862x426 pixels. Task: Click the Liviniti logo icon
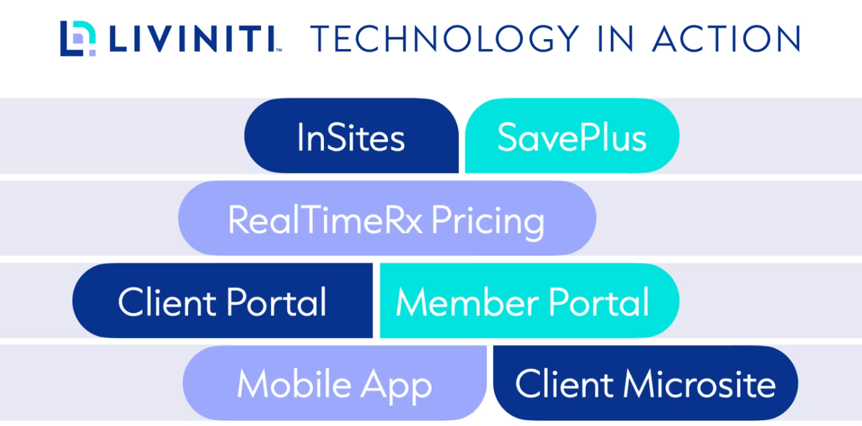pyautogui.click(x=78, y=38)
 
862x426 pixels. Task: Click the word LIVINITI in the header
pyautogui.click(x=192, y=38)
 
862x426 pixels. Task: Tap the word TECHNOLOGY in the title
pyautogui.click(x=445, y=38)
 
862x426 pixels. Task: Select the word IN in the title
pyautogui.click(x=616, y=38)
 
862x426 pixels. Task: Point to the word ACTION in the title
pyautogui.click(x=727, y=38)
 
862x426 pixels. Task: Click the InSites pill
pyautogui.click(x=351, y=135)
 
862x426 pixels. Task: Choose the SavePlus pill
pyautogui.click(x=572, y=135)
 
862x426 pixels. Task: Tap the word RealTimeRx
pyautogui.click(x=325, y=219)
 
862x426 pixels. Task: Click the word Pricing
pyautogui.click(x=488, y=222)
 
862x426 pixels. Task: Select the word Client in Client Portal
pyautogui.click(x=167, y=301)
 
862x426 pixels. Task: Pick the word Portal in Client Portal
pyautogui.click(x=276, y=301)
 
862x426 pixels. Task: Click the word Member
pyautogui.click(x=467, y=301)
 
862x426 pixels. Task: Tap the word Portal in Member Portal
pyautogui.click(x=599, y=301)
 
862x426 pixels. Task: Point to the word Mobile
pyautogui.click(x=294, y=384)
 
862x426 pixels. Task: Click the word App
pyautogui.click(x=396, y=386)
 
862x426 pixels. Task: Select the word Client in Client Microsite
pyautogui.click(x=564, y=384)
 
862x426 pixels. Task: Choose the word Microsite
pyautogui.click(x=700, y=384)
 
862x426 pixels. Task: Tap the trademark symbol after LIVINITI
pyautogui.click(x=279, y=50)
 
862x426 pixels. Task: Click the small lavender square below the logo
pyautogui.click(x=92, y=53)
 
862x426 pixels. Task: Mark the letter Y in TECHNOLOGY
pyautogui.click(x=565, y=38)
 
